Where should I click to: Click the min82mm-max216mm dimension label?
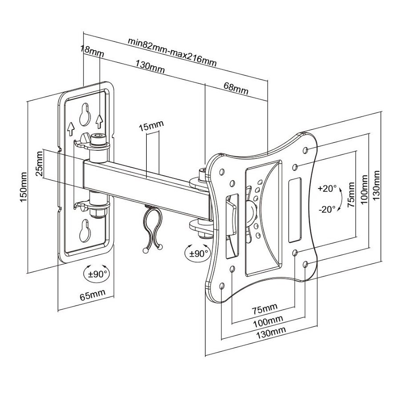(x=172, y=52)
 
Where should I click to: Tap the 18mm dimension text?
(x=92, y=51)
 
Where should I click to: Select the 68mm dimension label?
(x=236, y=88)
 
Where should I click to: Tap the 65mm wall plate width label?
(x=92, y=295)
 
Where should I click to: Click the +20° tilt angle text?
(x=327, y=189)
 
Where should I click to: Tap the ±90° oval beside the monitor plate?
(x=198, y=253)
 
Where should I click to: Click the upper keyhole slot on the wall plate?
(x=85, y=114)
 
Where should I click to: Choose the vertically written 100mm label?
(x=364, y=189)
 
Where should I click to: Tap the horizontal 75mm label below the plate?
(x=265, y=309)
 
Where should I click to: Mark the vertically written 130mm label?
(x=376, y=186)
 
